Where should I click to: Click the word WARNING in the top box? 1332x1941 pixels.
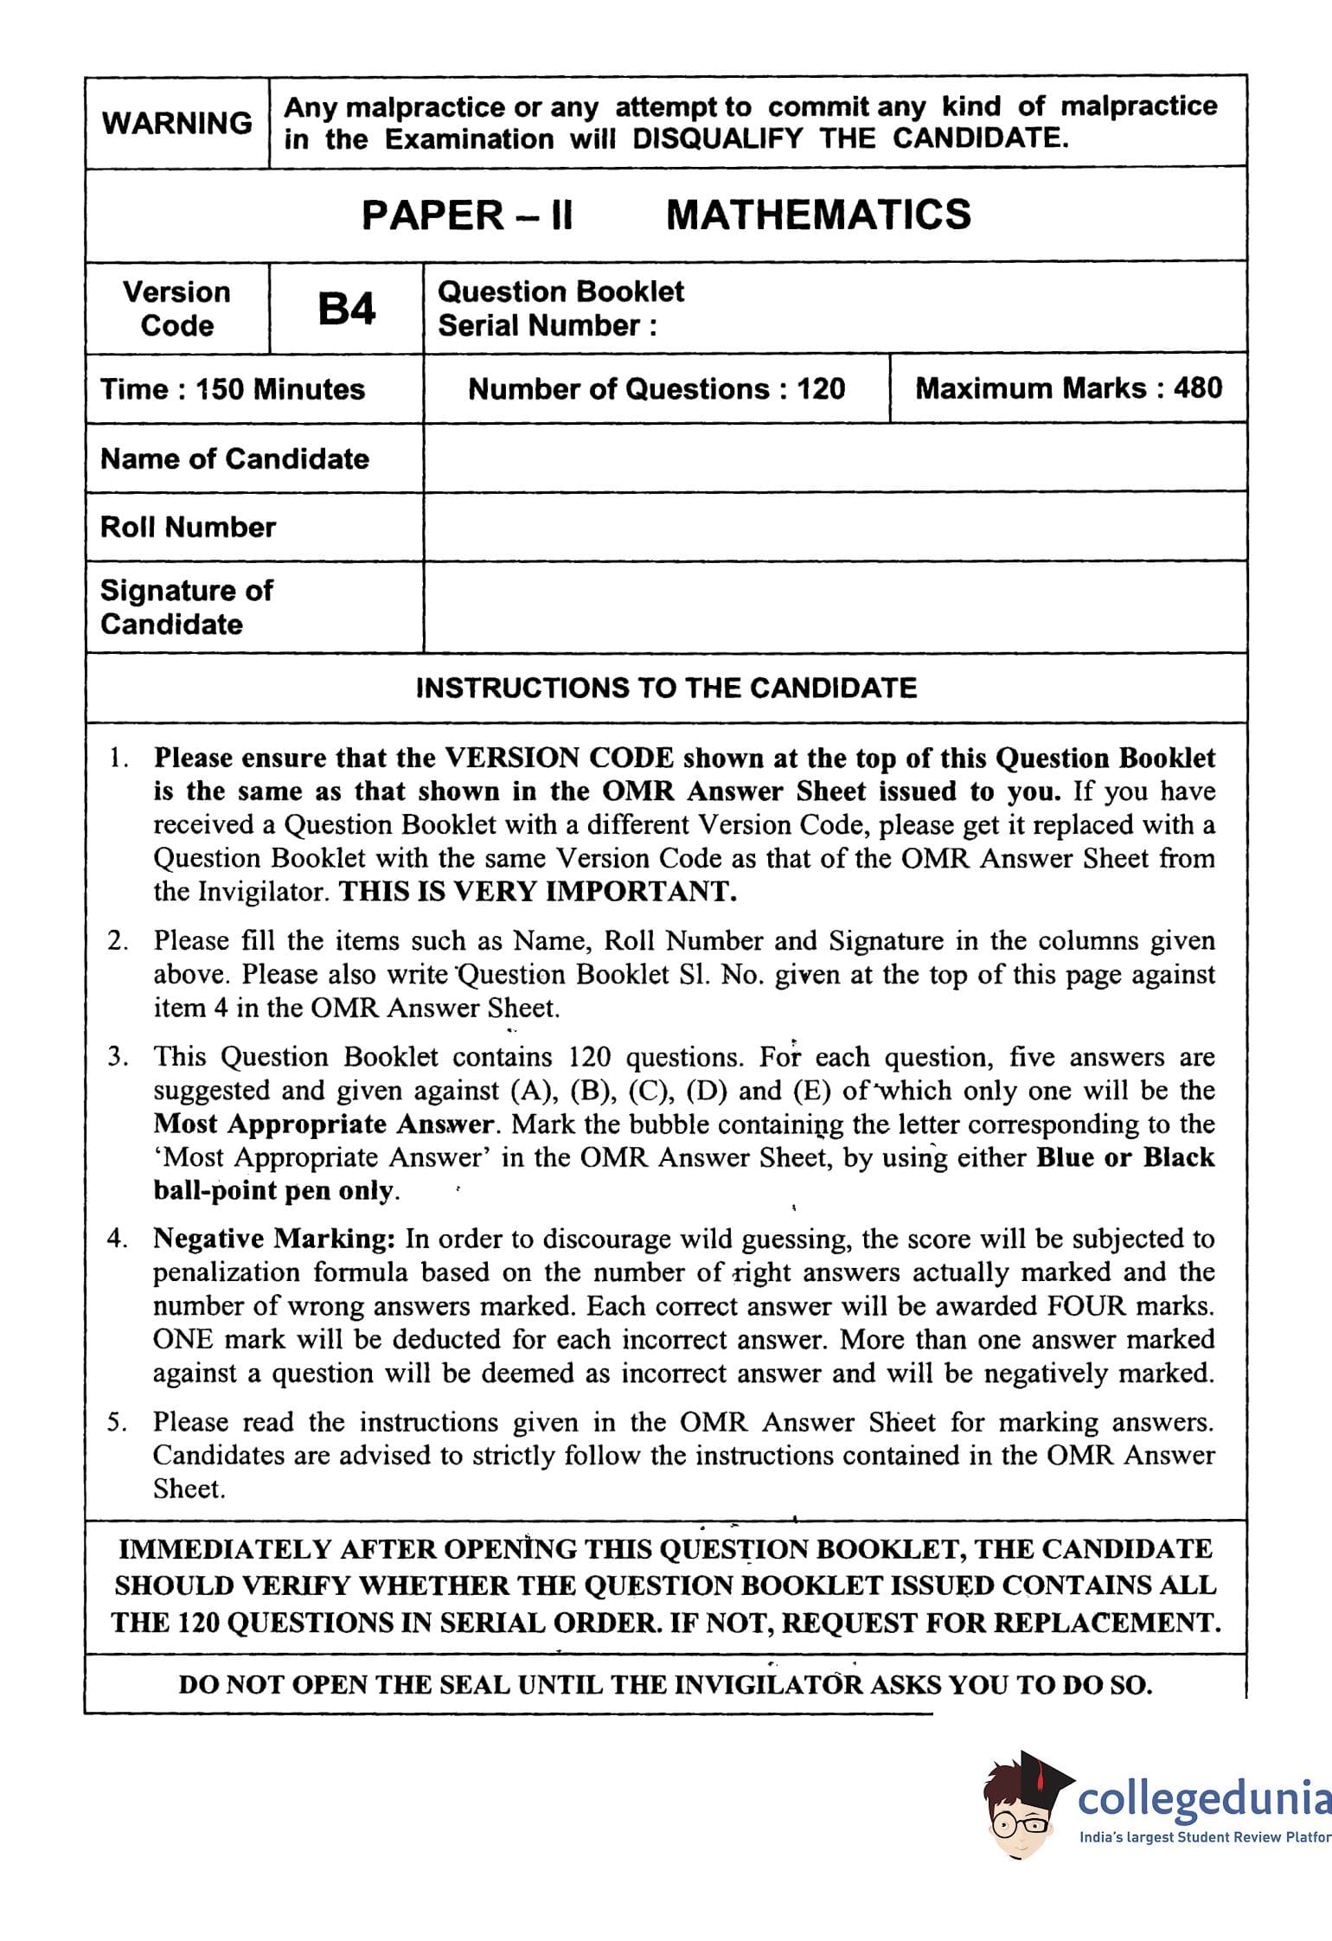tap(177, 123)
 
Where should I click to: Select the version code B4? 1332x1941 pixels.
tap(346, 309)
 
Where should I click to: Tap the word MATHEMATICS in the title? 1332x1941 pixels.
tap(818, 215)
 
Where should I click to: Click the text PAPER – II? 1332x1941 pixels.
tap(467, 215)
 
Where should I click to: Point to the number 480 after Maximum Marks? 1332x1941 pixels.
tap(1198, 388)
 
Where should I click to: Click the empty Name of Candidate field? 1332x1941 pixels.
tap(834, 458)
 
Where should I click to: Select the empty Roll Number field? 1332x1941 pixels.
tap(834, 527)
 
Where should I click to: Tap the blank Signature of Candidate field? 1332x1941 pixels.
tap(834, 606)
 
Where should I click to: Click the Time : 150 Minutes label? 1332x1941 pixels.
tap(233, 388)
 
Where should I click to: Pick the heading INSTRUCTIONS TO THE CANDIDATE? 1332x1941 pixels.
tap(666, 688)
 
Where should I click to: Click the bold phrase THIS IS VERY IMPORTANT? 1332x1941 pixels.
tap(537, 891)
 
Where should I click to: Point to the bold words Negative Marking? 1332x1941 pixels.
tap(274, 1239)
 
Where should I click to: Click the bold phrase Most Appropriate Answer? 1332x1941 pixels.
tap(323, 1124)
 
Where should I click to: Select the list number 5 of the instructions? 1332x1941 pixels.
tap(117, 1422)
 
